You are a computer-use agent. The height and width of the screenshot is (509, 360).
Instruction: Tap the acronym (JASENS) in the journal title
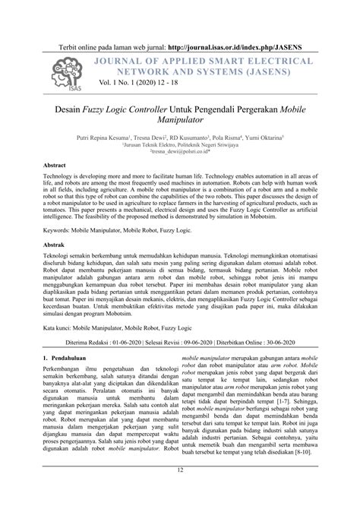click(x=264, y=72)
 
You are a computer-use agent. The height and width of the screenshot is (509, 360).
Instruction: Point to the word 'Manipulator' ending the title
click(x=179, y=120)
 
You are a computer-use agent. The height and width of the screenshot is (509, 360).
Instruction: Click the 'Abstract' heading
click(x=55, y=165)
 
